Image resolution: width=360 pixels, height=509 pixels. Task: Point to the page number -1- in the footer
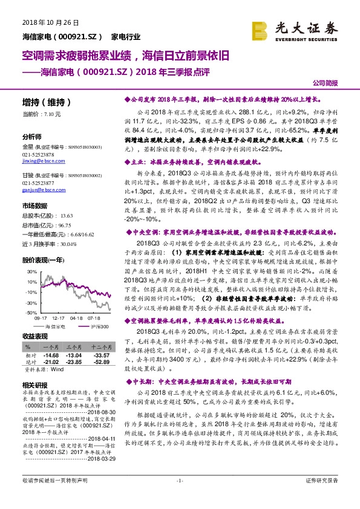pos(179,498)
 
